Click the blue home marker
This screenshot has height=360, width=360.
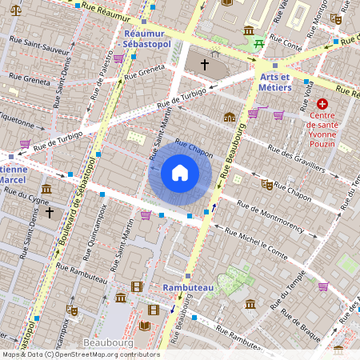pos(180,173)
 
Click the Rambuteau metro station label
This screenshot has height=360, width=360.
pos(186,286)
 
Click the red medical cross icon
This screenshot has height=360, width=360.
pos(322,105)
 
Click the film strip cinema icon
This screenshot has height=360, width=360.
pos(137,286)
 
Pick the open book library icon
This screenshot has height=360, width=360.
pos(145,325)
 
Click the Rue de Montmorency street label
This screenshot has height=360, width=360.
pos(263,219)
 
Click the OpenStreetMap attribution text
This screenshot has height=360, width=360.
pos(81,354)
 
